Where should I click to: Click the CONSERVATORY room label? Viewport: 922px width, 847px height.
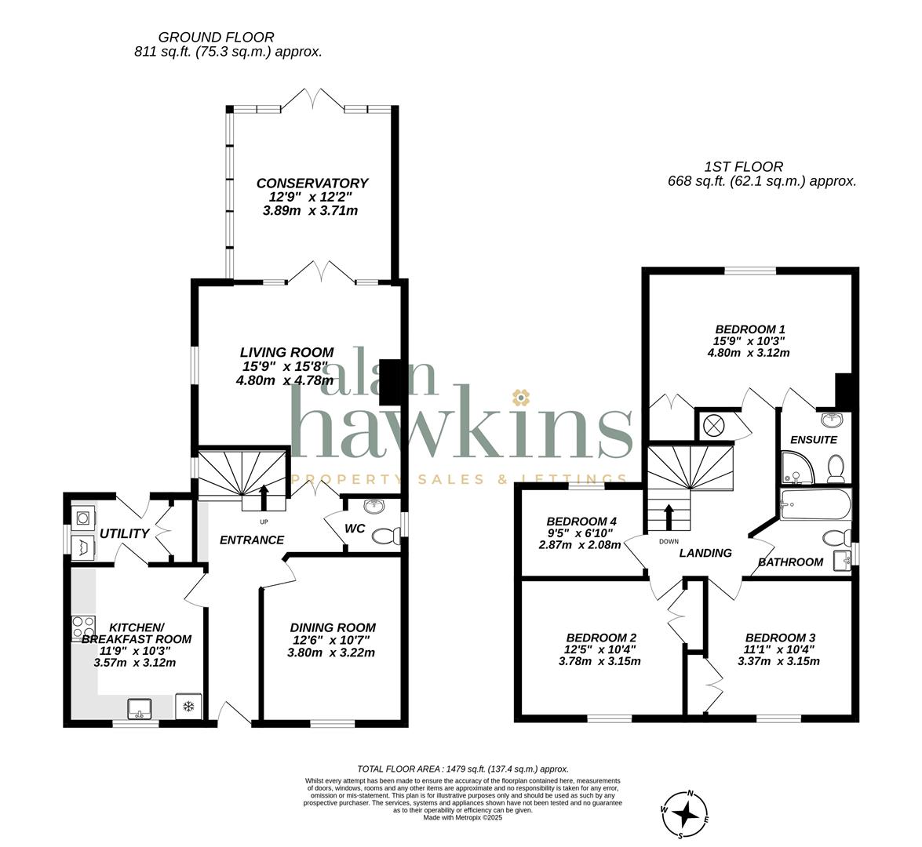point(312,184)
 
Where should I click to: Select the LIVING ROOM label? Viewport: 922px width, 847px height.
point(287,353)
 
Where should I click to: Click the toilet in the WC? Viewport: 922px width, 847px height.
point(386,536)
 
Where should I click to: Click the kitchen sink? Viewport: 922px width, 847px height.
point(140,707)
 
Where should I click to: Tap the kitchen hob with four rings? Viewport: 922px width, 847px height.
point(83,627)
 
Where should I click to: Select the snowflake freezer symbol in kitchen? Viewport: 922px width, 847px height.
point(189,706)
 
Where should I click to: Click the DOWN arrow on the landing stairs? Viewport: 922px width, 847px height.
point(669,518)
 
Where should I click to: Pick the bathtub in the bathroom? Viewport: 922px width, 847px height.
point(814,505)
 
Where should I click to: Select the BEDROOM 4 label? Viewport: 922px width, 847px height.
point(581,522)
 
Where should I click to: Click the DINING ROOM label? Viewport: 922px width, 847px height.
point(333,627)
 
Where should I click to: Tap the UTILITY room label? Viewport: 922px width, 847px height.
point(124,534)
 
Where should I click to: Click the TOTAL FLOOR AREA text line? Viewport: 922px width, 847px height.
point(463,769)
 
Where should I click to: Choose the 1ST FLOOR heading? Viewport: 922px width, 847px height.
point(744,167)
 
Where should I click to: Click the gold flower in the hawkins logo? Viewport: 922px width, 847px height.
point(520,398)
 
